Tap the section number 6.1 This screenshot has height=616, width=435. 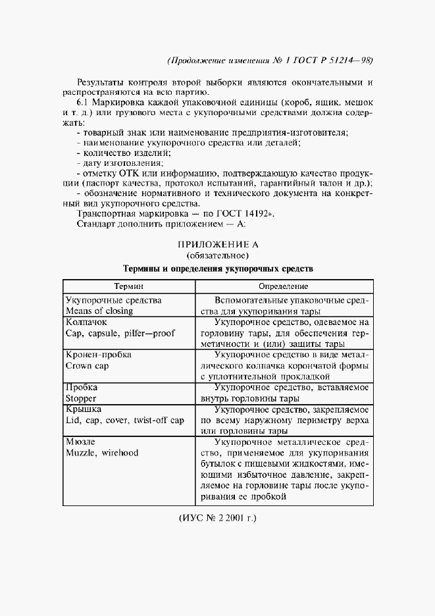pyautogui.click(x=84, y=103)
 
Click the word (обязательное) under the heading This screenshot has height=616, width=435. pyautogui.click(x=217, y=255)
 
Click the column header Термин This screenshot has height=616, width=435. pyautogui.click(x=129, y=287)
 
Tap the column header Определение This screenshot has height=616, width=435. pyautogui.click(x=284, y=287)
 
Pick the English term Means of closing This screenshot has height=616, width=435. pyautogui.click(x=99, y=311)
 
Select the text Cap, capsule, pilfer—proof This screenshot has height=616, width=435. pyautogui.click(x=120, y=334)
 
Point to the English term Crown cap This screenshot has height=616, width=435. pyautogui.click(x=88, y=365)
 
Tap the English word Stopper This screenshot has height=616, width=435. pyautogui.click(x=81, y=398)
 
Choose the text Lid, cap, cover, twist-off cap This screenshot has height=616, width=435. pyautogui.click(x=124, y=420)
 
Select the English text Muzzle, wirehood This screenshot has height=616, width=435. pyautogui.click(x=101, y=453)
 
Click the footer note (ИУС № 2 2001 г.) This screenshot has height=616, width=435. pyautogui.click(x=217, y=518)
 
